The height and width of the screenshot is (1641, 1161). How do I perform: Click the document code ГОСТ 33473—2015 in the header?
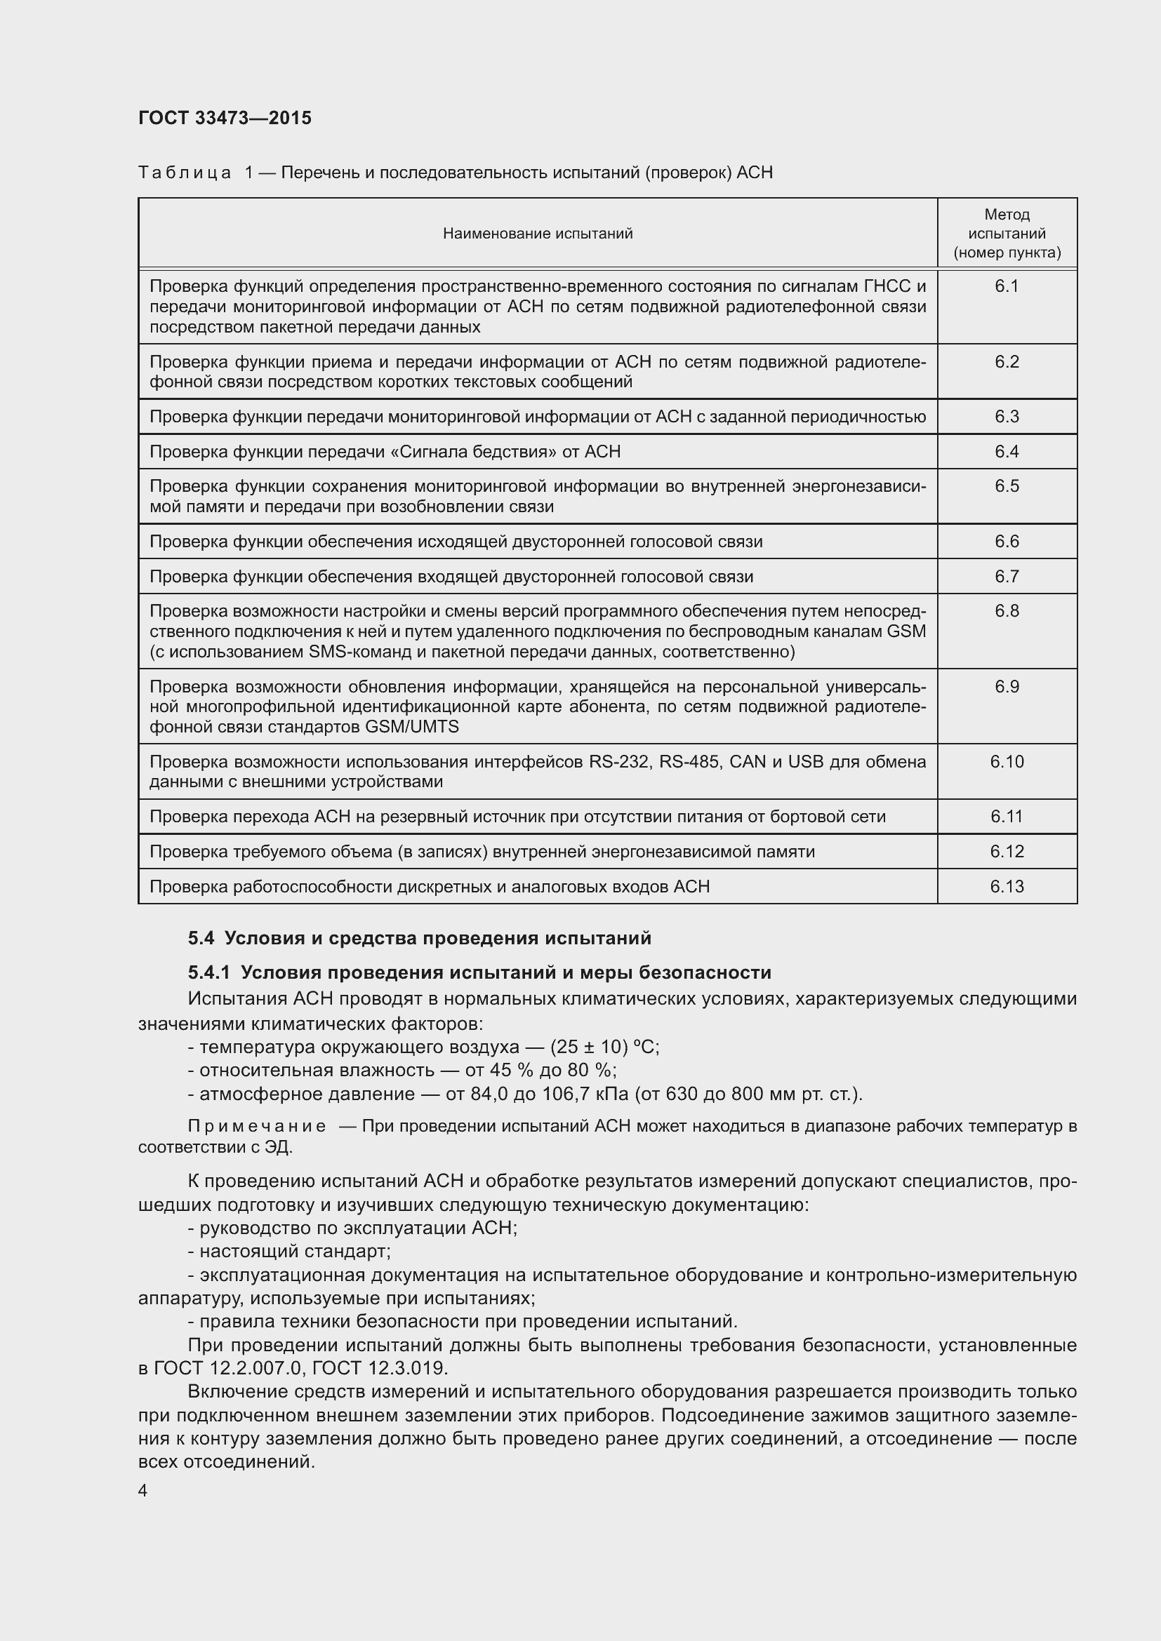coord(225,118)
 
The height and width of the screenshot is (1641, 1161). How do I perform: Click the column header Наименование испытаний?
coord(538,234)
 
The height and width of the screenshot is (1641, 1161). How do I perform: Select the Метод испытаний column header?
coord(1007,234)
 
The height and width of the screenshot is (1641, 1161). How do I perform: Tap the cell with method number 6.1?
coord(1007,287)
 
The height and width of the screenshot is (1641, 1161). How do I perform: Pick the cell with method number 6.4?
coord(1007,452)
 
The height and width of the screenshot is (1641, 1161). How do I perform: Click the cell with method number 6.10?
coord(1007,762)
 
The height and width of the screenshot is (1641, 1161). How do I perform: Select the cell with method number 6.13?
coord(1007,887)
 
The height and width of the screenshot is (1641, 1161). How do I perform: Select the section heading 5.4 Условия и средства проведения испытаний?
coord(420,938)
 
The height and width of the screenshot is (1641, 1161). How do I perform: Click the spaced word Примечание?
coord(257,1127)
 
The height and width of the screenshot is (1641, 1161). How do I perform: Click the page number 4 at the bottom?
coord(143,1491)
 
